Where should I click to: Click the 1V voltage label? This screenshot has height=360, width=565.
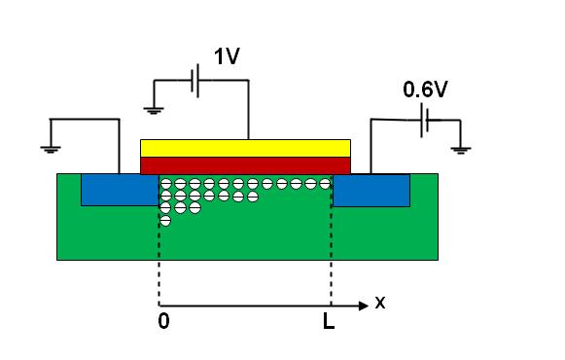(x=227, y=56)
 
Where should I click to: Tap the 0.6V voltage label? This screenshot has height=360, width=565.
(x=425, y=90)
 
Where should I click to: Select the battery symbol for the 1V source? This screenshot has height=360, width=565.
(x=194, y=81)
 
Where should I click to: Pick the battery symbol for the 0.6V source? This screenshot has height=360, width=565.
(x=424, y=120)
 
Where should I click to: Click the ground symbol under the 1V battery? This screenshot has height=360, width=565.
(x=154, y=110)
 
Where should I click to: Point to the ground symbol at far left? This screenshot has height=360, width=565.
(x=51, y=149)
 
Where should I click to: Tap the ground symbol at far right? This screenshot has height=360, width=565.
(x=461, y=150)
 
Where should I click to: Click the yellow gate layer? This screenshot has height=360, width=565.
(x=245, y=148)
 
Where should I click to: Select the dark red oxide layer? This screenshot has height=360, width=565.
(x=245, y=165)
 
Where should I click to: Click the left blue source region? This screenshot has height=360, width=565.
(x=120, y=190)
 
